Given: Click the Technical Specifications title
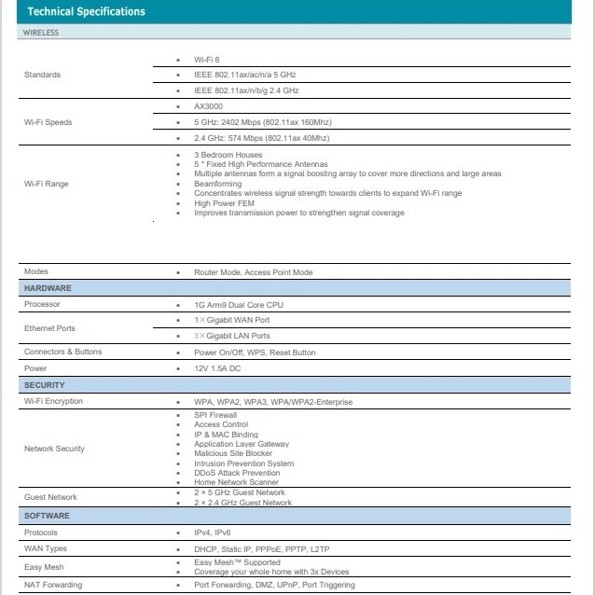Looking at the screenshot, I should (x=87, y=12).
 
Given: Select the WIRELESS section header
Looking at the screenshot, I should (x=41, y=32).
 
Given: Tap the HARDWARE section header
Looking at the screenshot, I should (x=48, y=288).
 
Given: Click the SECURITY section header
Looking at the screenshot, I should (x=45, y=385).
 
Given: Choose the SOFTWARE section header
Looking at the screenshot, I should (x=48, y=516).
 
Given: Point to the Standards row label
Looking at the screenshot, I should (x=42, y=75).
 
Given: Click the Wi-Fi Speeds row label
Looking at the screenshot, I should (x=48, y=122).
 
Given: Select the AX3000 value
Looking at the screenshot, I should (x=210, y=106).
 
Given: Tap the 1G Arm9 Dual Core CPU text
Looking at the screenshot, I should (x=240, y=305).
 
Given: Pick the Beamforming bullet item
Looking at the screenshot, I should (x=217, y=184).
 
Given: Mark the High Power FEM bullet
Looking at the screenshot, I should (x=225, y=203).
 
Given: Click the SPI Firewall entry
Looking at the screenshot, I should (x=215, y=415).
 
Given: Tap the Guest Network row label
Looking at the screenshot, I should (x=50, y=497).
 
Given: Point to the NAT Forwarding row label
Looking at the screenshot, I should (x=52, y=585).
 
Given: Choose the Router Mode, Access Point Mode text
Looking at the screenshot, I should (x=254, y=272).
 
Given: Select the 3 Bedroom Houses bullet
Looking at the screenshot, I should (x=228, y=155).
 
